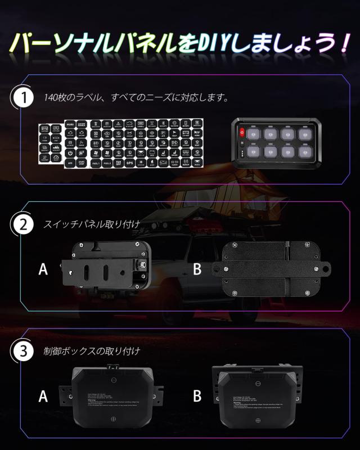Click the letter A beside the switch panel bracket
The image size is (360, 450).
(43, 269)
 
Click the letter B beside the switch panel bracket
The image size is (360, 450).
(197, 269)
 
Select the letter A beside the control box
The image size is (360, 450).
(43, 397)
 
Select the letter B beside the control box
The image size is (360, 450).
(197, 397)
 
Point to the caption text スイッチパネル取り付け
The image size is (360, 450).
(92, 224)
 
